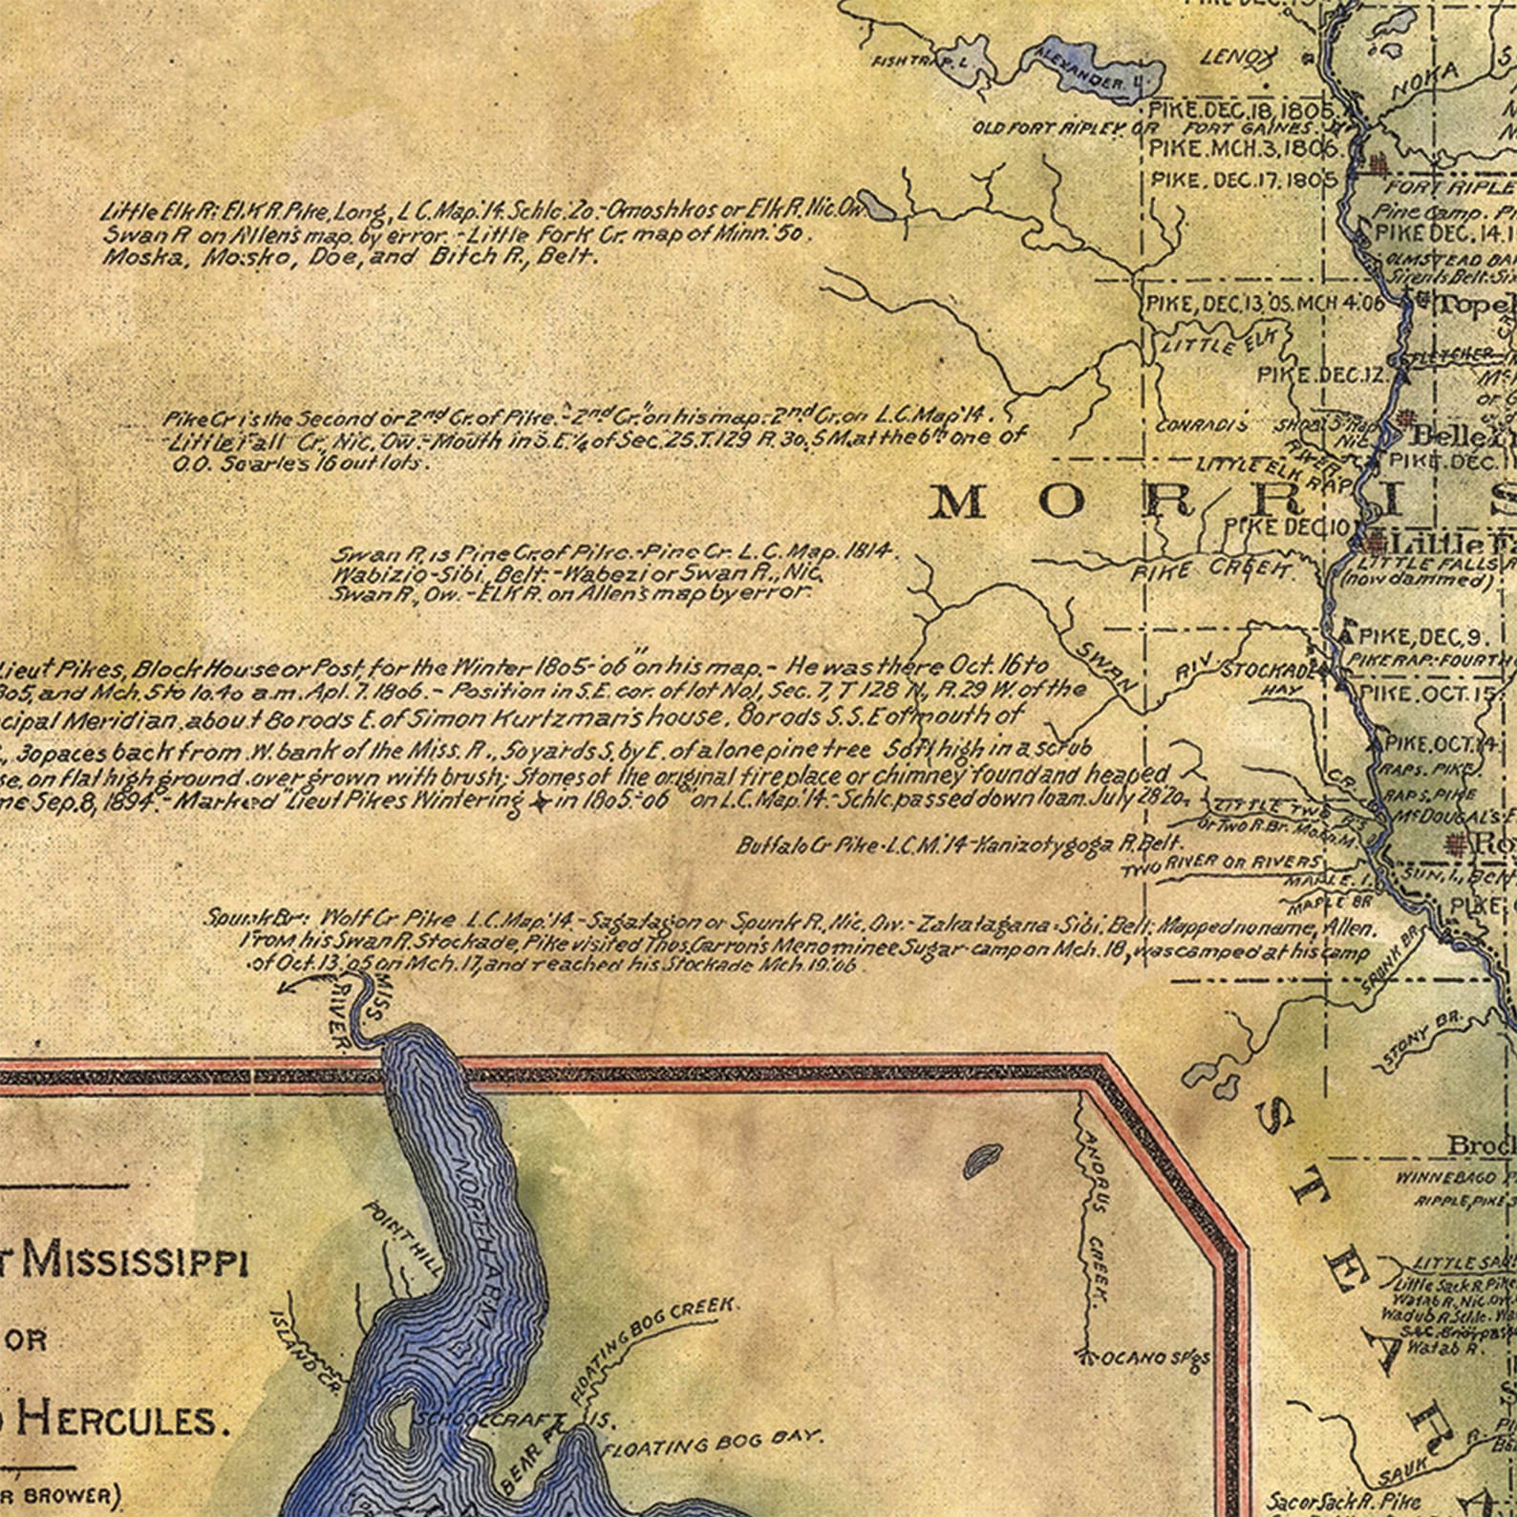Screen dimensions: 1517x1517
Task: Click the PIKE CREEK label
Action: point(1212,570)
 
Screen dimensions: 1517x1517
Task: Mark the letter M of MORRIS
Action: point(960,502)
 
